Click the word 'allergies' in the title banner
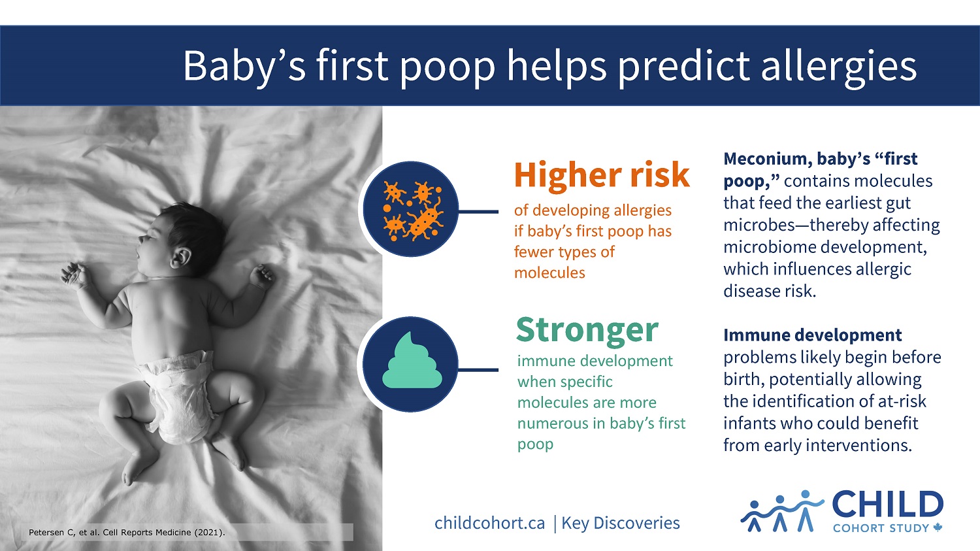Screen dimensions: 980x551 (838, 67)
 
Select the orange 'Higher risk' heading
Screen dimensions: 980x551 (602, 176)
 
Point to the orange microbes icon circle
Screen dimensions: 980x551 (410, 209)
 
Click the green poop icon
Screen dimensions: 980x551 (412, 361)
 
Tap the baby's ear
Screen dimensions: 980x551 (181, 258)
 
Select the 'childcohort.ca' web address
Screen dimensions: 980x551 (489, 523)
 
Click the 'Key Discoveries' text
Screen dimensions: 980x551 (621, 523)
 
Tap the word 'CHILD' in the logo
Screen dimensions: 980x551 (888, 505)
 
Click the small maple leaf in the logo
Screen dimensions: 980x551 (938, 528)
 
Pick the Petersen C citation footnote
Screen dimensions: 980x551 (127, 533)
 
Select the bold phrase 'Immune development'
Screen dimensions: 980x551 (813, 335)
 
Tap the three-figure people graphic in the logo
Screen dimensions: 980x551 (781, 511)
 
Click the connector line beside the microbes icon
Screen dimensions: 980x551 (478, 212)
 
